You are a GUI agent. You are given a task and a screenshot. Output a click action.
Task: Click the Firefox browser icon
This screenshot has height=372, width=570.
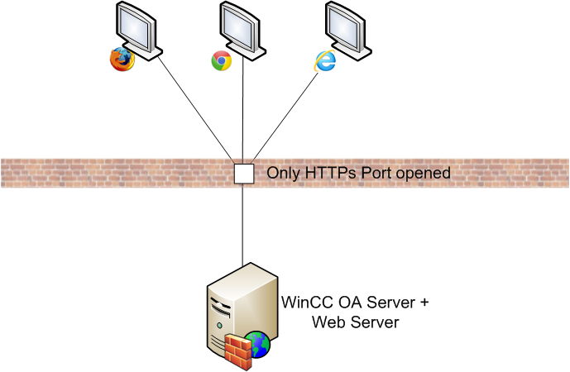coord(121,60)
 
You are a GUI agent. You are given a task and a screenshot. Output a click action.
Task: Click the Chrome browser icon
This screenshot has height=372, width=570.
coord(221,60)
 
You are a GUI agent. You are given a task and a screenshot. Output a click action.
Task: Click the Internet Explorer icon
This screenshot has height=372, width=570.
coord(324,60)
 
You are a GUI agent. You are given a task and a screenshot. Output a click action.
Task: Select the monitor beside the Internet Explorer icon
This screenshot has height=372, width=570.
coord(346,27)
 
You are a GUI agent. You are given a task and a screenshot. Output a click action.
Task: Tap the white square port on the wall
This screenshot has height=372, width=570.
coord(243,174)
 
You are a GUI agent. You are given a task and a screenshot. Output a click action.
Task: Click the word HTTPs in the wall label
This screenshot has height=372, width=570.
coord(332,174)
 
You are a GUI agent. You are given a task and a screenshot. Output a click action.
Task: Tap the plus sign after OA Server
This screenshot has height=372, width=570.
coord(422,303)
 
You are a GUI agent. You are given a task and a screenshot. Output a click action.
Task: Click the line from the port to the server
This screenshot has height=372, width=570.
coord(243,223)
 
